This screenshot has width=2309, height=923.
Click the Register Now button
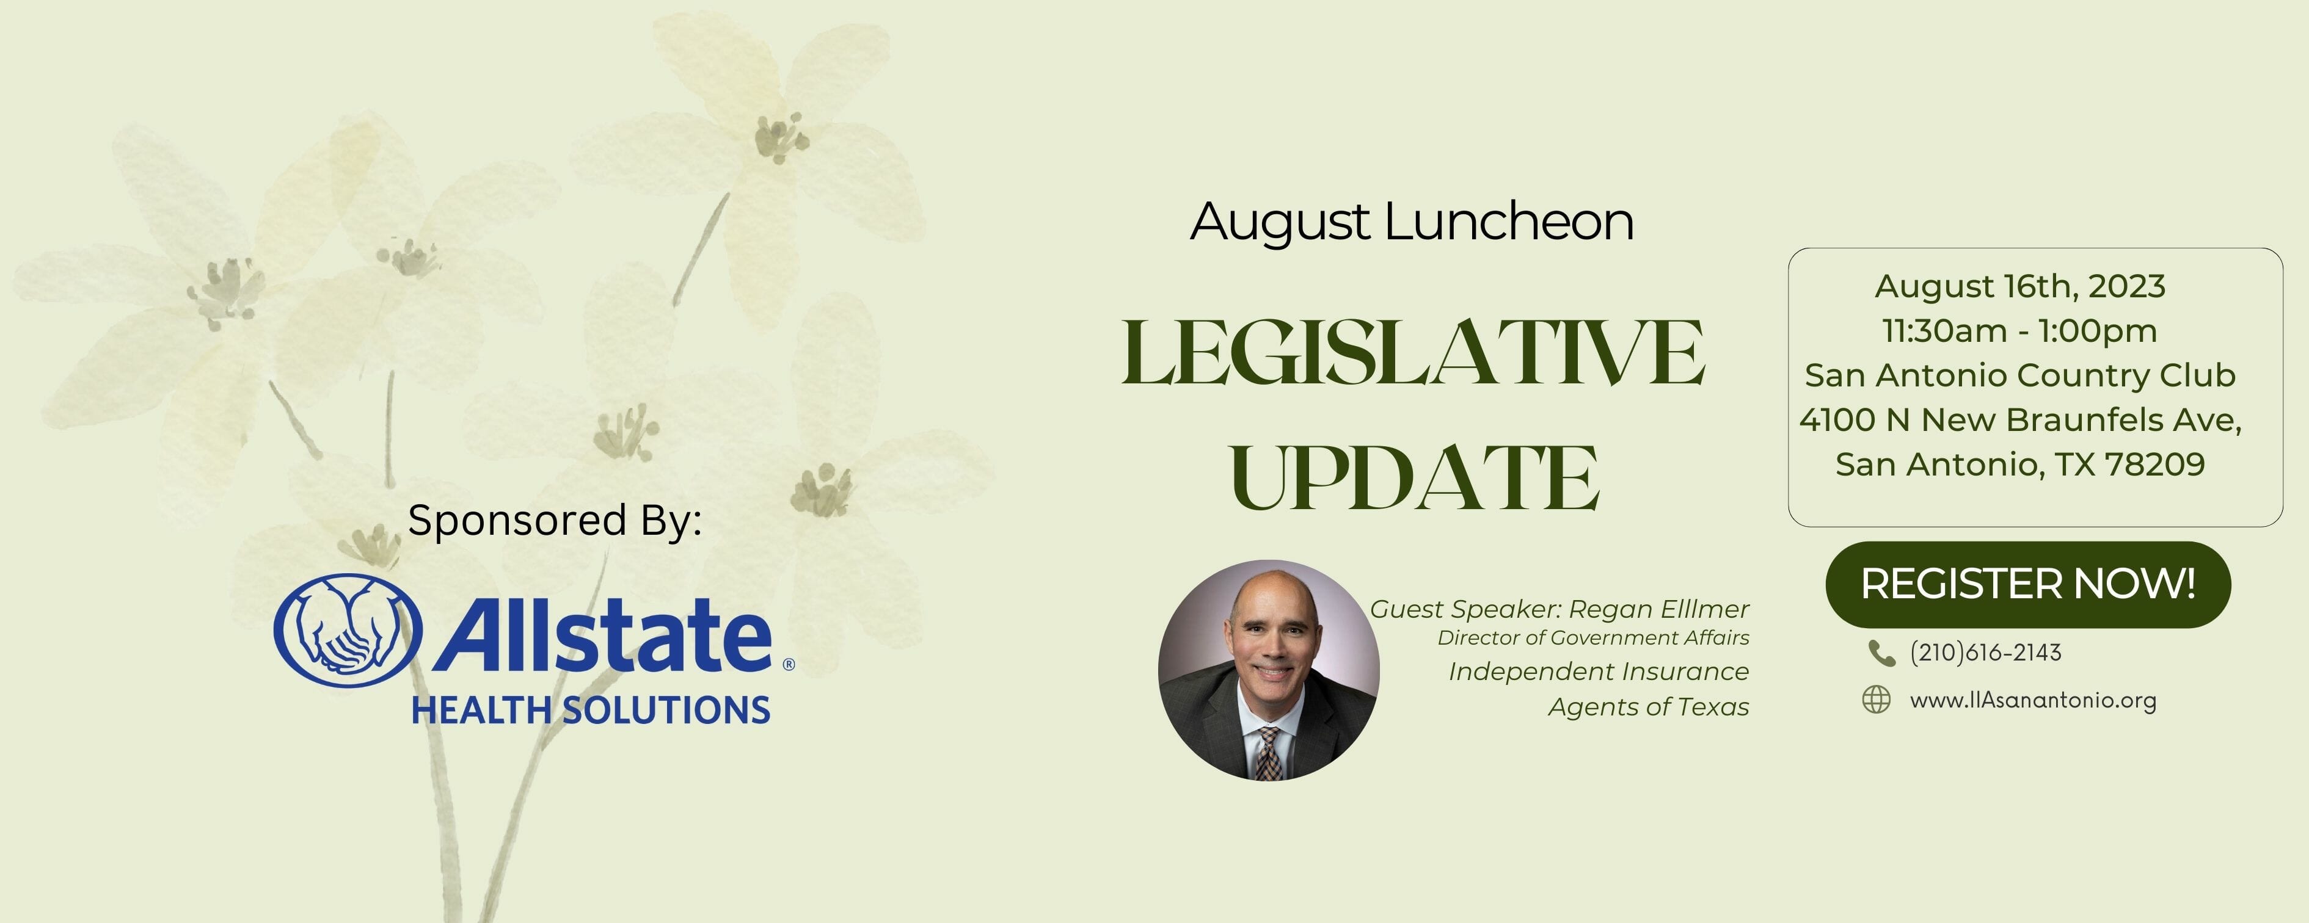(2027, 584)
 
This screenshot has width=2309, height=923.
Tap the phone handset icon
(1881, 653)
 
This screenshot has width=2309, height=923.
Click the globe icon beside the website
(1876, 700)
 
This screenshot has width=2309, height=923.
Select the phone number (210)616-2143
(1985, 653)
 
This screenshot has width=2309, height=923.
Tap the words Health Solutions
(591, 710)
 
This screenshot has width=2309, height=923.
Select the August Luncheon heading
(1412, 222)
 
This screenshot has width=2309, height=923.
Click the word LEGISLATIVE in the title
(1413, 353)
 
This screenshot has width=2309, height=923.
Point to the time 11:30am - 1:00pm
(2019, 331)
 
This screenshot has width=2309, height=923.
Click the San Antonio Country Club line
(2019, 375)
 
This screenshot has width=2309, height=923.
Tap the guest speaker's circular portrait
(1268, 670)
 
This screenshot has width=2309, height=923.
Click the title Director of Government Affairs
(1593, 638)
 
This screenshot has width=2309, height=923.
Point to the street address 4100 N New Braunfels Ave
(2019, 420)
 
